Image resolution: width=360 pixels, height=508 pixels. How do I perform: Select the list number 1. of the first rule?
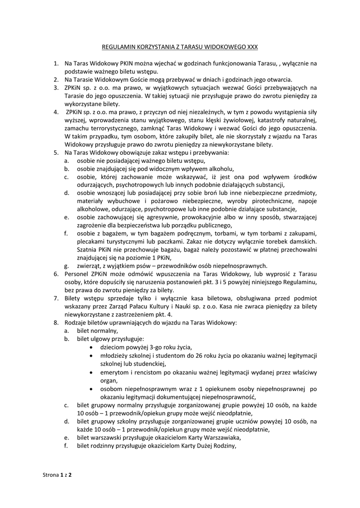(56, 64)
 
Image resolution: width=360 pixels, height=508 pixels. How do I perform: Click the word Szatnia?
(88, 250)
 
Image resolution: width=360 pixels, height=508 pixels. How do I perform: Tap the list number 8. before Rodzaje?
(56, 322)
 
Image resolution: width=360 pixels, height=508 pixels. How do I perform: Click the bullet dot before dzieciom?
(90, 347)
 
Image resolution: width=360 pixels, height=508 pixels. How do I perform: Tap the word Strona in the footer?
(50, 475)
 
